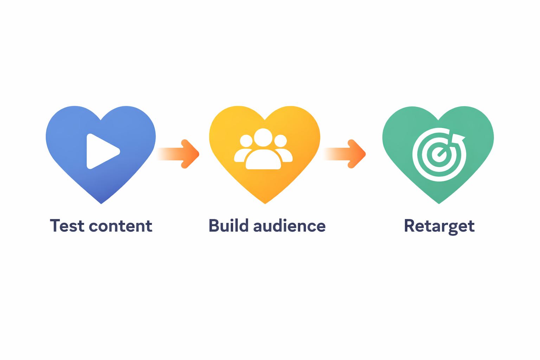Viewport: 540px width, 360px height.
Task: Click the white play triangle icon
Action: pyautogui.click(x=101, y=152)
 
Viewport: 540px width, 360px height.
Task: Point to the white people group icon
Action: pyautogui.click(x=263, y=149)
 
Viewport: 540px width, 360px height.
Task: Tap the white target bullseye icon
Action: pyautogui.click(x=439, y=154)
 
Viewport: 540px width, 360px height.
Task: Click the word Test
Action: pyautogui.click(x=67, y=226)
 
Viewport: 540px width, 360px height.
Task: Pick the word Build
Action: pyautogui.click(x=229, y=226)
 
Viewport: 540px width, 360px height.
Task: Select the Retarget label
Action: pyautogui.click(x=439, y=226)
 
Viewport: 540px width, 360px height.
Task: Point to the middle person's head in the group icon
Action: pyautogui.click(x=263, y=137)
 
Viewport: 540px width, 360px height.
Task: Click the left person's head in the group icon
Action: pyautogui.click(x=246, y=141)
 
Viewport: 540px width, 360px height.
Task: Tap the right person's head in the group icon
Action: pyautogui.click(x=281, y=141)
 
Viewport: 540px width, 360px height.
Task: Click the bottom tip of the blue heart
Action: pyautogui.click(x=101, y=203)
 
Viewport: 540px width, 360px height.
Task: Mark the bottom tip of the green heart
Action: pyautogui.click(x=439, y=203)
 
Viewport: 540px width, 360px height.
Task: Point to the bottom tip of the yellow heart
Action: pyautogui.click(x=265, y=203)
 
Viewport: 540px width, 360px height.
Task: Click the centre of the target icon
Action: pyautogui.click(x=439, y=154)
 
